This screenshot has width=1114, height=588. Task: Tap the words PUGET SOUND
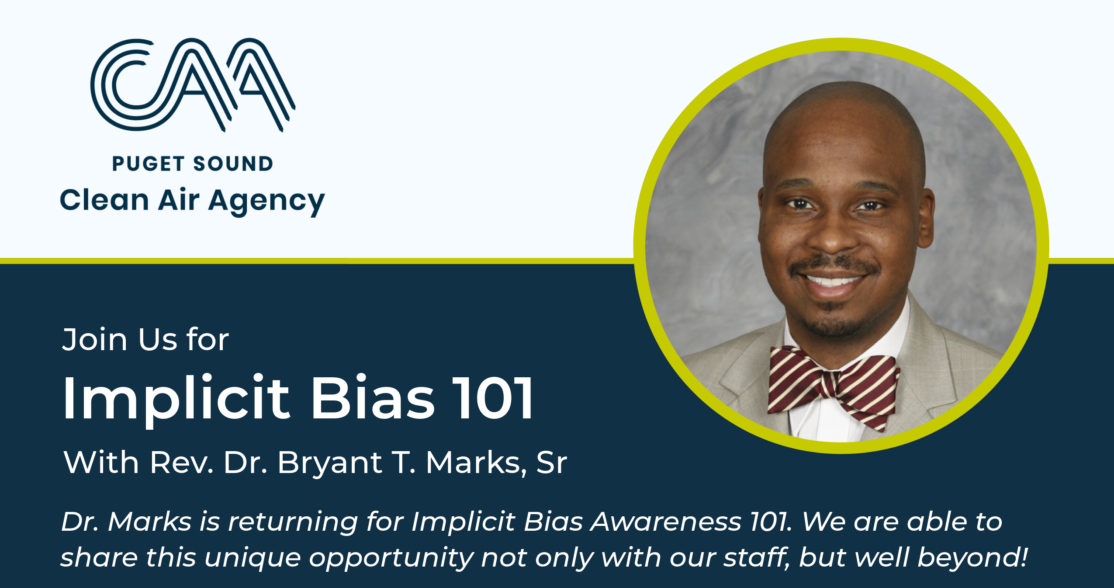pos(192,164)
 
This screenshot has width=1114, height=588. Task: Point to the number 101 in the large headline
pos(492,398)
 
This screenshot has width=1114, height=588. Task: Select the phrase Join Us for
pos(145,340)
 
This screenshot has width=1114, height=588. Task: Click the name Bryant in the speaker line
pos(330,463)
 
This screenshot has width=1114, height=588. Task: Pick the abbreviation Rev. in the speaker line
pos(182,463)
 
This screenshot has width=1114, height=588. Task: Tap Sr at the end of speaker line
pos(551,463)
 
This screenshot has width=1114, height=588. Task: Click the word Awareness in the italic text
pos(666,522)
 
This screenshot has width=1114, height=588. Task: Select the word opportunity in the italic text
pos(391,558)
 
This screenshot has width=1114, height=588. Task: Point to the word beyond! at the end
pos(972,557)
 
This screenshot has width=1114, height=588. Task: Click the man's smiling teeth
pos(832,280)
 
